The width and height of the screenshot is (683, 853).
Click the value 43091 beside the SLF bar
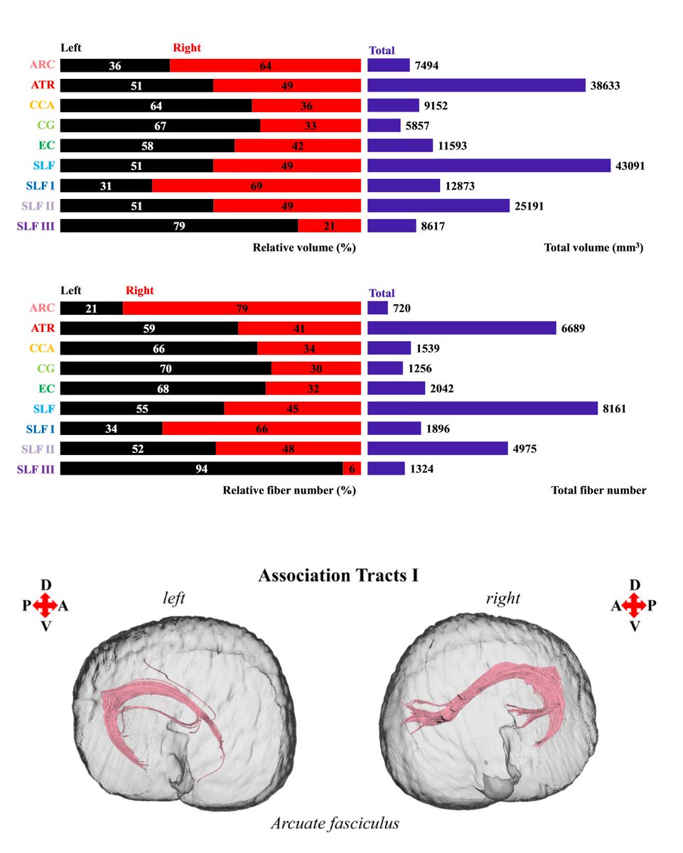coord(630,166)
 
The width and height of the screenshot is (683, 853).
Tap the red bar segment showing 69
coord(257,186)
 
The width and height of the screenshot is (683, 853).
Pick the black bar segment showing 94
coord(202,469)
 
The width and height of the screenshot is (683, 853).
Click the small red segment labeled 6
coord(352,469)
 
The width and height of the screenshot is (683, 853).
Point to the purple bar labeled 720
coord(377,309)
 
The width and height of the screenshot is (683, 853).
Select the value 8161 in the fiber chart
coord(617,409)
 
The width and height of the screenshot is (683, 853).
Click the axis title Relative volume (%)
coord(304,248)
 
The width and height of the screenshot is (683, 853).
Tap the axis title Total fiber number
coord(598,490)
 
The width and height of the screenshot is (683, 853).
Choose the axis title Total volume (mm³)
coord(593,248)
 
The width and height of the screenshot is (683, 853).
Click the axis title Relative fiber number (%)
coord(289,490)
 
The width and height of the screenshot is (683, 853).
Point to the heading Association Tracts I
coord(338,575)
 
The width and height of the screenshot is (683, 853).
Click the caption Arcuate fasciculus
coord(335,824)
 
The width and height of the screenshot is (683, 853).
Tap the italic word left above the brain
coord(173,599)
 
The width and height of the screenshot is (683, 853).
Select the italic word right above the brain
coord(503,599)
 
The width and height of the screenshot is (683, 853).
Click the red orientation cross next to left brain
coord(45,606)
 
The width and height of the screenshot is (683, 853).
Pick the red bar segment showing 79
coord(242,309)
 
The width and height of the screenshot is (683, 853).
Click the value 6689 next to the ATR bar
coord(576,328)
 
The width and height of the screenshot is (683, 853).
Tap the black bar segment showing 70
coord(166,368)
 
